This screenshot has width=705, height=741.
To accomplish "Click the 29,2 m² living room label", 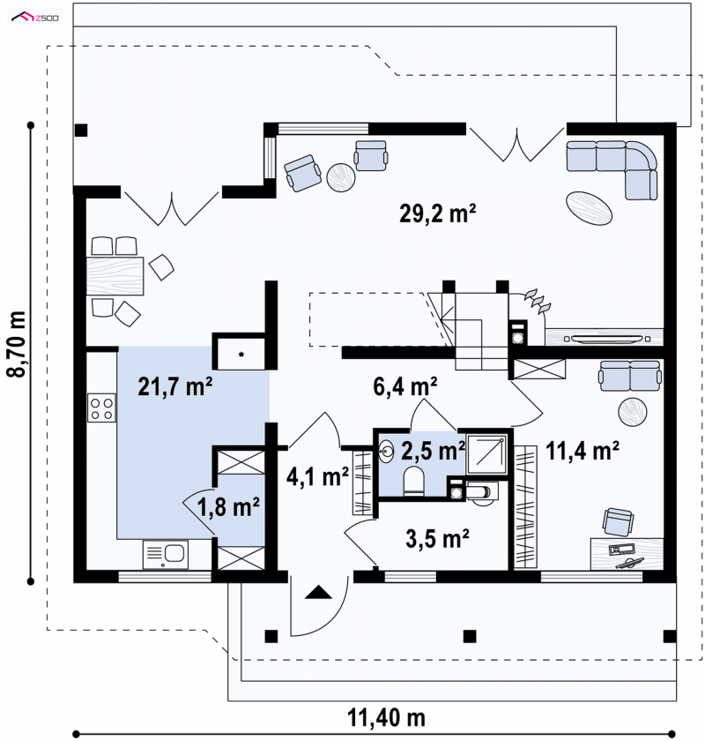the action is [437, 213].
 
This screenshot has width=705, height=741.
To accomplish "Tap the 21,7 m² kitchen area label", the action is [175, 386].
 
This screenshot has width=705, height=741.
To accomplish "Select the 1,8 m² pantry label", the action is [228, 506].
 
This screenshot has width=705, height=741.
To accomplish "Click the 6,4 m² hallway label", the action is [404, 386].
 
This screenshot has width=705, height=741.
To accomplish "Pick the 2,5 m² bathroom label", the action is [433, 451].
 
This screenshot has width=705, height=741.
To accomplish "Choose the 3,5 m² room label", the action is [437, 538].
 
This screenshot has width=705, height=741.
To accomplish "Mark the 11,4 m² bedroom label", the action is [583, 451].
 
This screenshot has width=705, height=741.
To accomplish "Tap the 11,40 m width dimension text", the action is [386, 718].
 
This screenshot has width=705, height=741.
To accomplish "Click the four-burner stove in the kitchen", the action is [101, 408].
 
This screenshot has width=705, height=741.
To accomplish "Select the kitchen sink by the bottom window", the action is [166, 555].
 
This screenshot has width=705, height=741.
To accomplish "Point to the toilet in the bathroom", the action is [414, 481].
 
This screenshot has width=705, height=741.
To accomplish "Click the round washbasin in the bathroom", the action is [387, 452].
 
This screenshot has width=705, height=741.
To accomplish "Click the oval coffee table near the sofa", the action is [589, 208].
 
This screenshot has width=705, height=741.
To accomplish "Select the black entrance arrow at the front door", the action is [319, 592].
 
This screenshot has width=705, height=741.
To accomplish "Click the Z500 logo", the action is [35, 18].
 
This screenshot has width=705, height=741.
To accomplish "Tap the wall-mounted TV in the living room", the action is [606, 339].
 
